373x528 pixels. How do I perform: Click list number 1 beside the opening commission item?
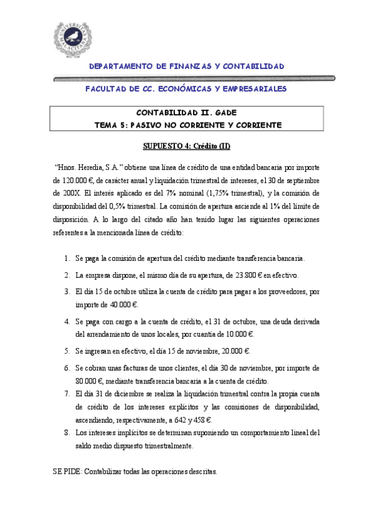click(67, 258)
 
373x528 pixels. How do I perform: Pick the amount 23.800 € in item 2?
click(234, 275)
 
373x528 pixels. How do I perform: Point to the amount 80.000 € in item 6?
click(89, 380)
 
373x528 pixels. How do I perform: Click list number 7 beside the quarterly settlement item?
click(67, 394)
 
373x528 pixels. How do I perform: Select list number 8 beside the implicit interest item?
click(67, 431)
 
